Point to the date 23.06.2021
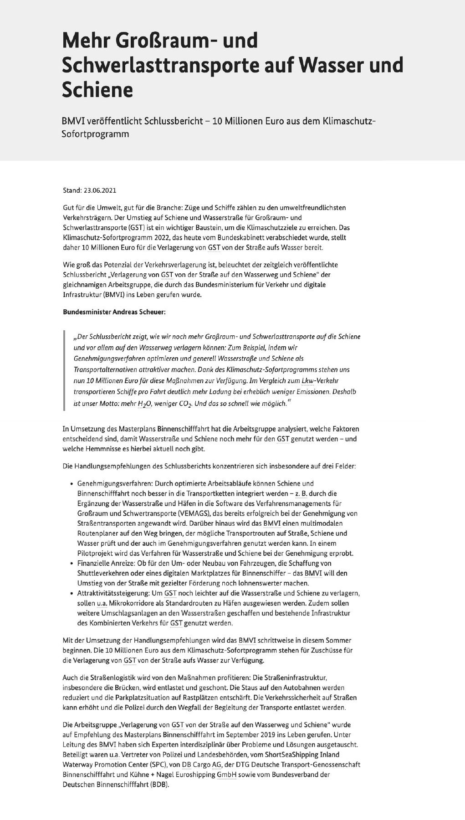tap(97, 190)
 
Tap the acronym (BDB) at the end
tap(159, 784)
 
